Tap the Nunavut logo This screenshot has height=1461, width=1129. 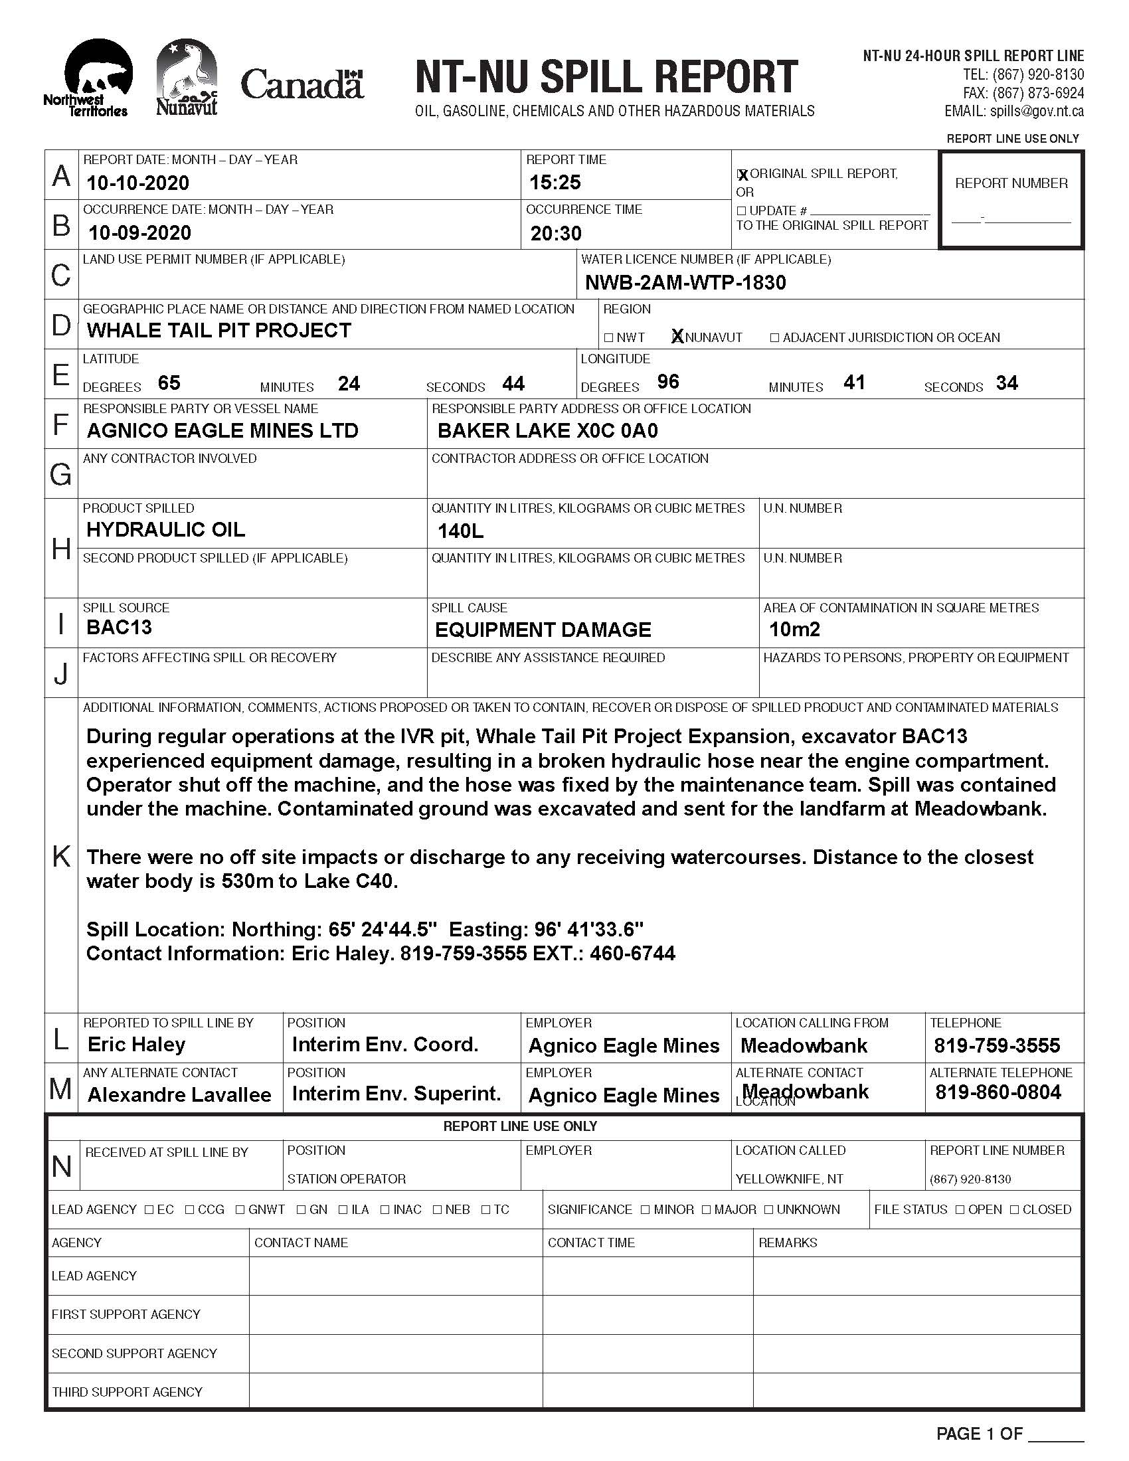[x=187, y=77]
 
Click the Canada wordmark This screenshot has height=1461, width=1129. [x=302, y=85]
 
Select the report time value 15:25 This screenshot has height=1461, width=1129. [x=555, y=182]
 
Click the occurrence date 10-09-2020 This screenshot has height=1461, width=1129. [x=139, y=233]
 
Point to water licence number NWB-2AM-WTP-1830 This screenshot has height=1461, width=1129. [x=685, y=282]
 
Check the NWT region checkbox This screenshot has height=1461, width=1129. [x=608, y=338]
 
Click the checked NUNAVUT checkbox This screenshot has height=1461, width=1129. [x=677, y=337]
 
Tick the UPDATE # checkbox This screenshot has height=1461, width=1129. [x=741, y=211]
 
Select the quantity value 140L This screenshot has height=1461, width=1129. [x=460, y=532]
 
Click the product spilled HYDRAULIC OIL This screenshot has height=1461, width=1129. [x=165, y=530]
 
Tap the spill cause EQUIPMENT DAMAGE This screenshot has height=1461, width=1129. [x=543, y=630]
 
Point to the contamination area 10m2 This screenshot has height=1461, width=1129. [x=794, y=630]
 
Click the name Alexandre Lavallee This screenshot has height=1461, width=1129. [x=179, y=1094]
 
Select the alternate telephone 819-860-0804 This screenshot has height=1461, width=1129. [x=998, y=1092]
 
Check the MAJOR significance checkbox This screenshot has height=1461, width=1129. [x=707, y=1209]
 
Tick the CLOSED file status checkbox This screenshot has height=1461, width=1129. [x=1015, y=1209]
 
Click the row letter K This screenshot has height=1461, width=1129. [x=61, y=855]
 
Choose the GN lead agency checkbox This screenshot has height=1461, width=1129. [x=302, y=1209]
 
